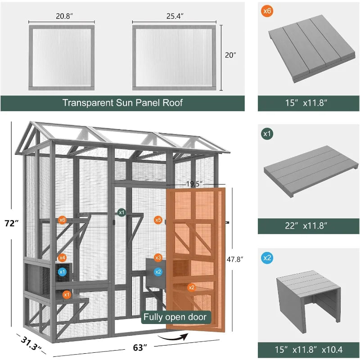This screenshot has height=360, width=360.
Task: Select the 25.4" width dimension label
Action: (x=175, y=16)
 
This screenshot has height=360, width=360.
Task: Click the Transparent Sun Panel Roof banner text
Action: (x=122, y=103)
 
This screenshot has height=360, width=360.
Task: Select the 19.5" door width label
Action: (x=194, y=184)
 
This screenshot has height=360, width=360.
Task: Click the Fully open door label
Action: (x=175, y=317)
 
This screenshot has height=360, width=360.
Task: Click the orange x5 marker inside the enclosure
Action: (x=158, y=220)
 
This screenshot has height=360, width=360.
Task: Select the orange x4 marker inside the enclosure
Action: (x=62, y=258)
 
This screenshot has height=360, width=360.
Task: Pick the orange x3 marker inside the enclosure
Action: (x=158, y=258)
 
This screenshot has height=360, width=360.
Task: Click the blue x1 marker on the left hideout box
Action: (x=62, y=272)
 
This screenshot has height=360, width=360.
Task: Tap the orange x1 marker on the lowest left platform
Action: (x=67, y=294)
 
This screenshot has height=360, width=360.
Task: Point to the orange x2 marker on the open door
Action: (x=192, y=287)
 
